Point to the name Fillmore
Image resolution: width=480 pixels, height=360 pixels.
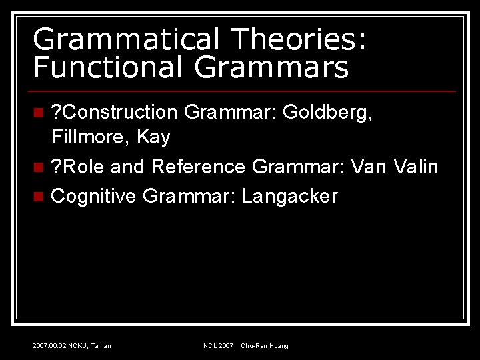(x=89, y=137)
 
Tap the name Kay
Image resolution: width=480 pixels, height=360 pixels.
(x=153, y=137)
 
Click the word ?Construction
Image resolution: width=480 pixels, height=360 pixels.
(x=114, y=112)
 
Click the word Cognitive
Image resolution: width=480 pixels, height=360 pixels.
(x=93, y=196)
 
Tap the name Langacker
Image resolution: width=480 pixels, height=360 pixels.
(x=290, y=196)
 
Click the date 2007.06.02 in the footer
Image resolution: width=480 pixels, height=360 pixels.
(x=49, y=345)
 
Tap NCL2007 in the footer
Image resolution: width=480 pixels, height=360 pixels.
(x=219, y=345)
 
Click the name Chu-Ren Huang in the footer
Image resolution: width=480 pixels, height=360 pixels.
(x=265, y=345)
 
